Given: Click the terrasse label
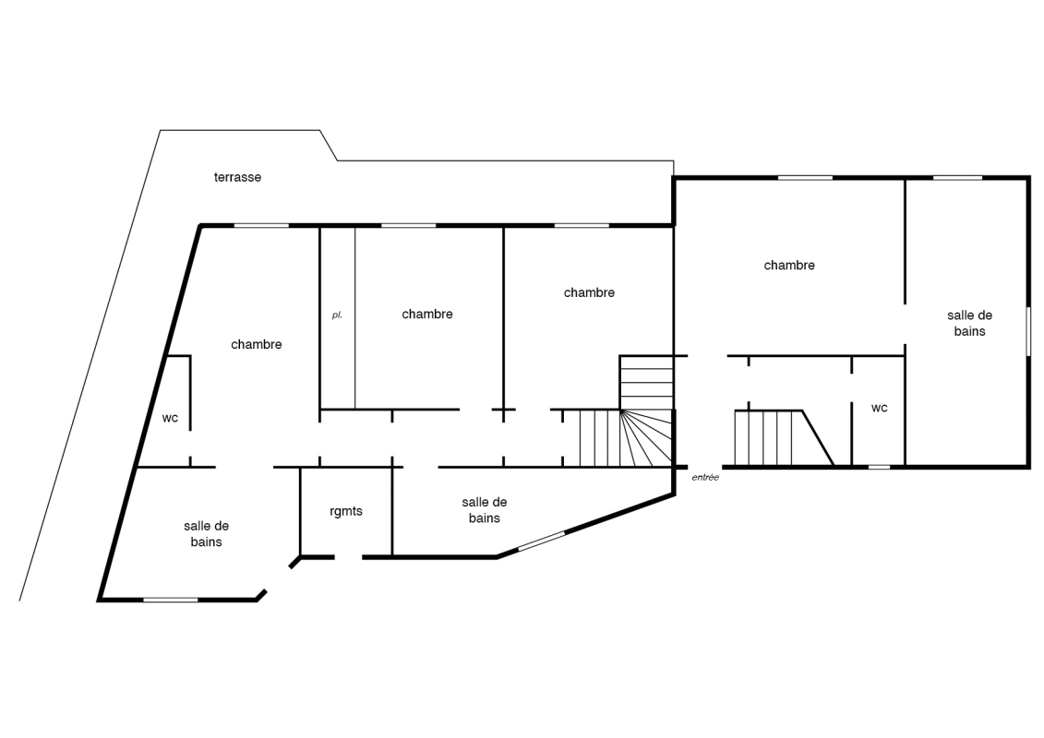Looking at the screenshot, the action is [x=237, y=177].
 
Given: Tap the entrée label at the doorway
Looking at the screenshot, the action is [x=705, y=477].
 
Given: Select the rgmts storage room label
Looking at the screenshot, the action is [x=346, y=511].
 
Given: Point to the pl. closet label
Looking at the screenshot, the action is [x=337, y=315].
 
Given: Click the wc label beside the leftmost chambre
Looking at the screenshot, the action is [x=170, y=419].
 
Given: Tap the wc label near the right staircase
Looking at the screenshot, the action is [x=879, y=408].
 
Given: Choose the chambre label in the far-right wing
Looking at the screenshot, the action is [x=789, y=265].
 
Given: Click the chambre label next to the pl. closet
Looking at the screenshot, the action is [x=426, y=314].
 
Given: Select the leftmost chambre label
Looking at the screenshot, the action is [x=257, y=344].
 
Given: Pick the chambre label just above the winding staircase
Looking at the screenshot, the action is [x=589, y=292].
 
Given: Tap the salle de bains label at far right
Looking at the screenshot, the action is [x=969, y=324].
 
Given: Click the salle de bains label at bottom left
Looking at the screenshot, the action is [x=207, y=534].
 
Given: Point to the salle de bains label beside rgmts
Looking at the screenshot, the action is [x=484, y=510].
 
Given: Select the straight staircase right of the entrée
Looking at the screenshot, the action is [x=784, y=438].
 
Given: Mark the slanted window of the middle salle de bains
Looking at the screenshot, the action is [x=541, y=541].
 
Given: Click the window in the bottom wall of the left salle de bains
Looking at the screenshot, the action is [x=171, y=601].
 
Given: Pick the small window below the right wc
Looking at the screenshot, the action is [x=879, y=467].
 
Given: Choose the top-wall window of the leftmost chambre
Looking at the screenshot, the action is [x=261, y=226].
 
